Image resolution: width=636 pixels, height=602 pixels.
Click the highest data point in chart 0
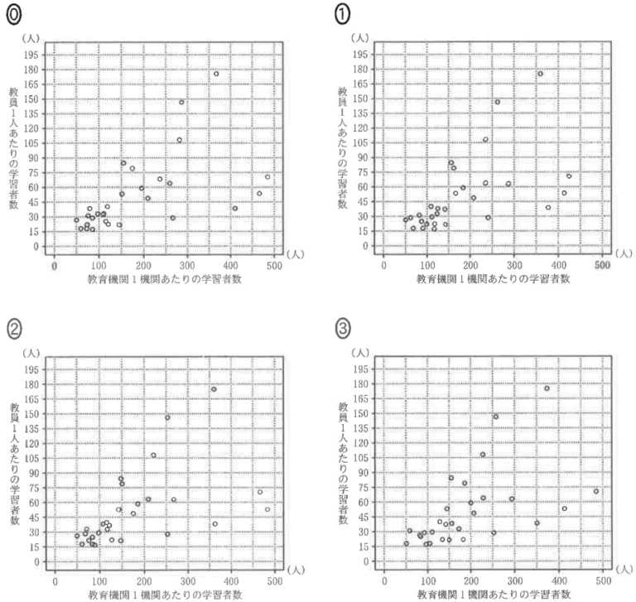pos(216,74)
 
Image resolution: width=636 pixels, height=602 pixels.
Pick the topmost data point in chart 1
pos(540,74)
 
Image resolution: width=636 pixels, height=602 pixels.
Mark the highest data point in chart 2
pos(214,389)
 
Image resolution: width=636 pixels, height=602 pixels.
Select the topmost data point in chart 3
pos(547,388)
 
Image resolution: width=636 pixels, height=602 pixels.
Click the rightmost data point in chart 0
pos(267,176)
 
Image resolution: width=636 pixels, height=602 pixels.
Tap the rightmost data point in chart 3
pos(595,491)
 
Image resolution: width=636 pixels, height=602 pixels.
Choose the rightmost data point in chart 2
pos(267,509)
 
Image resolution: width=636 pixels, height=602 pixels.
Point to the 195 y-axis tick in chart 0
pos(33,54)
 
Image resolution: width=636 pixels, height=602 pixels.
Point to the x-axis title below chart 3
pos(494,594)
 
